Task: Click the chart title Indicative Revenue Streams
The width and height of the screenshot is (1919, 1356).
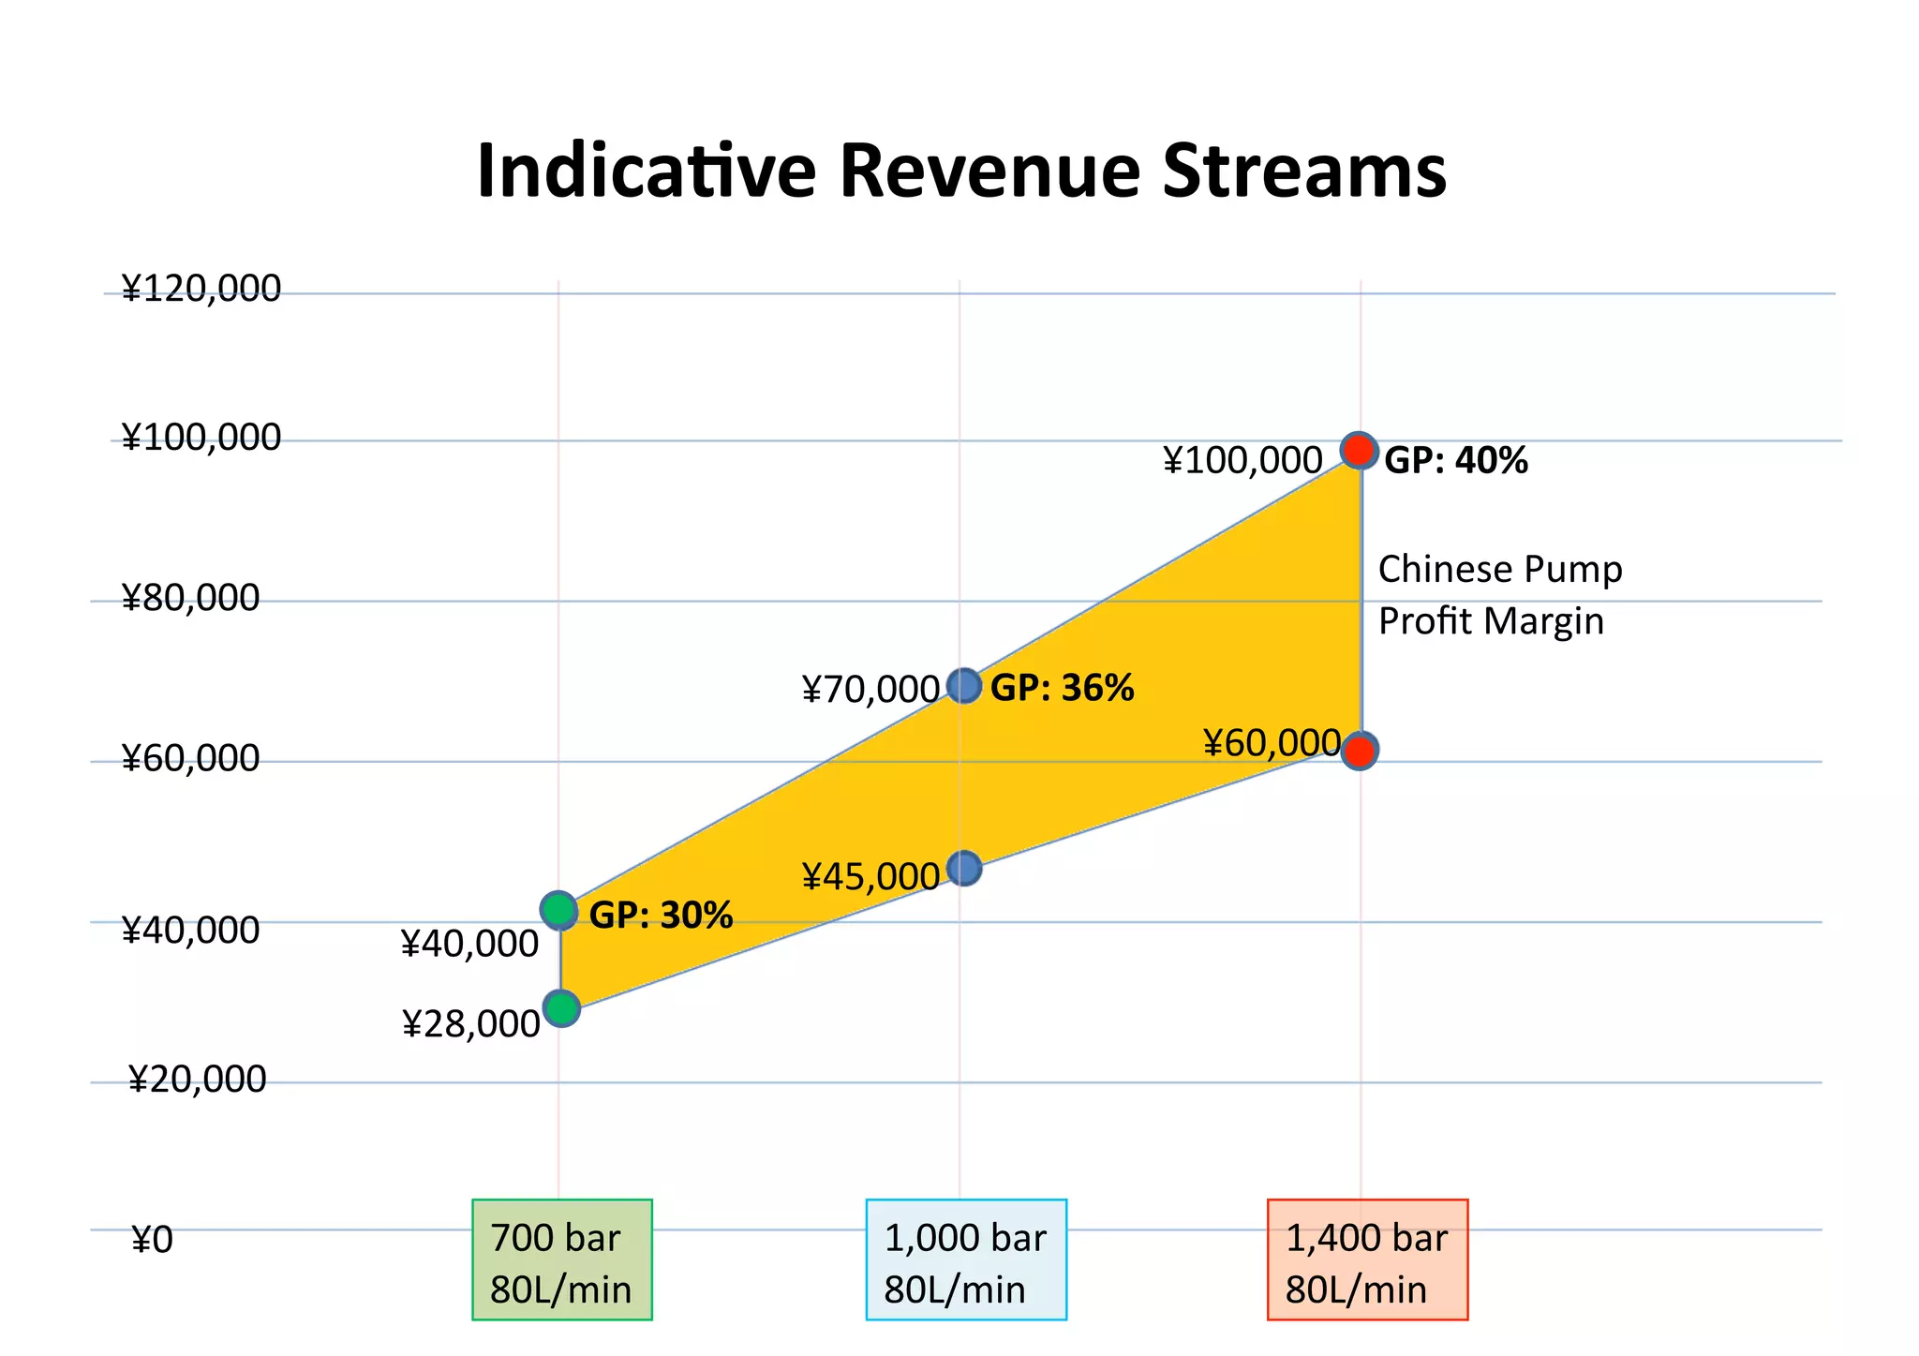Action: pos(961,171)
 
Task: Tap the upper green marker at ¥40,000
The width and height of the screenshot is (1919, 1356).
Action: pos(559,910)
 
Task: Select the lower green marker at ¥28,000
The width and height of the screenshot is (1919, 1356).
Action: pos(561,1009)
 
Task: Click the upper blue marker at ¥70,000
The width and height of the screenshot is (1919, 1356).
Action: pos(964,686)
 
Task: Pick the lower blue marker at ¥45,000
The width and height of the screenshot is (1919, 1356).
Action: pos(964,869)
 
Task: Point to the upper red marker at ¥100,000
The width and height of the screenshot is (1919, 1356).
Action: pos(1359,451)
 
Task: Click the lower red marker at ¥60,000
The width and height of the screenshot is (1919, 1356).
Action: pos(1359,751)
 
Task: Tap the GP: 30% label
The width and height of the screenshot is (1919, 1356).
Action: pos(661,916)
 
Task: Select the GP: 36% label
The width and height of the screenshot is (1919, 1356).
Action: pos(1062,689)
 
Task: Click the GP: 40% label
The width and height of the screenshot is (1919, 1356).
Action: pos(1455,461)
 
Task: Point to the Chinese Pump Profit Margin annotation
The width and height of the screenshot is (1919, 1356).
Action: pos(1499,595)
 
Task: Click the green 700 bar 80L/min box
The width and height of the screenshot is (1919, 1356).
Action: pos(561,1259)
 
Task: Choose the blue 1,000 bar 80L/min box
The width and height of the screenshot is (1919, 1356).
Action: pos(966,1259)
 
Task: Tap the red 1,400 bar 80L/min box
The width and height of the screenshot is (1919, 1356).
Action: pos(1367,1259)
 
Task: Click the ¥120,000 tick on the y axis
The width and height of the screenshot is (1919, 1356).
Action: pos(201,289)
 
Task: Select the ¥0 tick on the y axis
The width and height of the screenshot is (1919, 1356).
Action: pos(152,1241)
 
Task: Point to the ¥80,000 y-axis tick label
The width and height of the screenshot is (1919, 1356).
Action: pos(190,598)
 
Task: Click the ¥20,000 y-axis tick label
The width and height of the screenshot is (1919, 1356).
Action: pos(197,1080)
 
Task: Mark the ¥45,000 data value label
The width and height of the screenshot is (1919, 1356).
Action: pos(870,877)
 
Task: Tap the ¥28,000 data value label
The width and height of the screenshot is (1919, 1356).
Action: pos(471,1024)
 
